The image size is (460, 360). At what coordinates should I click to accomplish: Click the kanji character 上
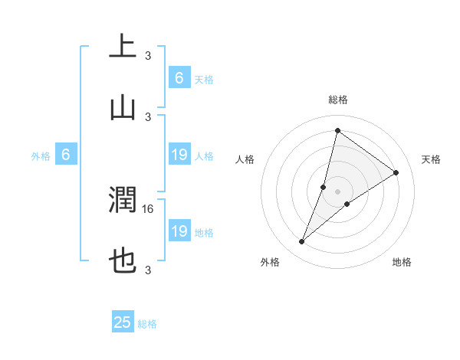click(x=123, y=46)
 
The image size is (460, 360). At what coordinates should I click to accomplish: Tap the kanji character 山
click(x=123, y=109)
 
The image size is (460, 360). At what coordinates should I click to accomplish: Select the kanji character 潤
click(x=123, y=201)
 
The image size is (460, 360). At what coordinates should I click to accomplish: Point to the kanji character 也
click(x=123, y=263)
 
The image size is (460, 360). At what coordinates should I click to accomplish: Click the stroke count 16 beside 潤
click(x=149, y=208)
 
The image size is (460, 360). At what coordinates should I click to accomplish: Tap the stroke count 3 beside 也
click(x=148, y=270)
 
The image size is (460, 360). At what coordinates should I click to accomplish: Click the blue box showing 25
click(x=123, y=323)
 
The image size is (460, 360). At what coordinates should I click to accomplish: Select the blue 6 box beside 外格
click(x=66, y=155)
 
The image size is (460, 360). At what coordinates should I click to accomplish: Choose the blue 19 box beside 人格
click(x=179, y=155)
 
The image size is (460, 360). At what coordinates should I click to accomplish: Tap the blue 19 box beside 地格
click(x=179, y=231)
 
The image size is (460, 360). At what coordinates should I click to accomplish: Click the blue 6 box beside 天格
click(x=179, y=78)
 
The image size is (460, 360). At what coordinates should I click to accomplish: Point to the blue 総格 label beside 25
click(x=147, y=324)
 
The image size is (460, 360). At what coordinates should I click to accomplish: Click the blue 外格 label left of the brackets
click(x=41, y=155)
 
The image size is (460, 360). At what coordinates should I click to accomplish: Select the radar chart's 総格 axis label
click(x=337, y=100)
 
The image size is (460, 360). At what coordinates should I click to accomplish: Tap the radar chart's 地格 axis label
click(x=402, y=262)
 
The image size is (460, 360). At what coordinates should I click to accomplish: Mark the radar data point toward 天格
click(x=396, y=172)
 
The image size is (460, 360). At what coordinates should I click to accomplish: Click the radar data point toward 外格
click(x=302, y=242)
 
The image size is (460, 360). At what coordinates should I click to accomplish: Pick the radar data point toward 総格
click(x=337, y=130)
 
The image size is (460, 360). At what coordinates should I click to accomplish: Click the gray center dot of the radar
click(x=337, y=191)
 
